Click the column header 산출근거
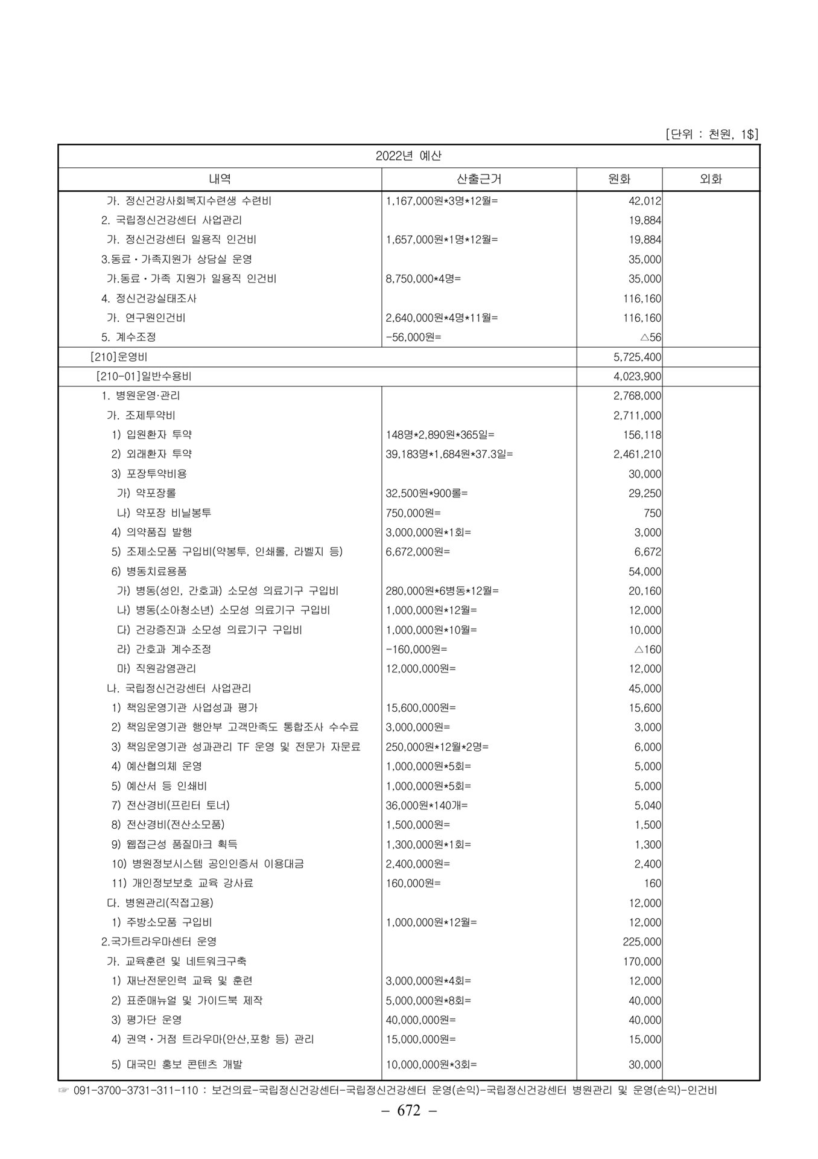coord(479,179)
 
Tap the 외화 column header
coord(710,179)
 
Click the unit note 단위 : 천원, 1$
coord(711,134)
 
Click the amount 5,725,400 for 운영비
coord(637,357)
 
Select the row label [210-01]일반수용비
coord(144,377)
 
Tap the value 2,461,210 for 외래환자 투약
coord(637,454)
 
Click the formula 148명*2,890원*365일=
coord(440,435)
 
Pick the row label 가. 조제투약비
coord(141,415)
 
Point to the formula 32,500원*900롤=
coord(426,493)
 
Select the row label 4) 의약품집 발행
coord(151,532)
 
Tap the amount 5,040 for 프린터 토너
coord(647,805)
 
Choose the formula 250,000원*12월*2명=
coord(437,747)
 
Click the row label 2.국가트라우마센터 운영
coord(159,942)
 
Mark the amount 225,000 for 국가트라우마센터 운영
coord(642,942)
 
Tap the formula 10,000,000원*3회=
coord(431,1065)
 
